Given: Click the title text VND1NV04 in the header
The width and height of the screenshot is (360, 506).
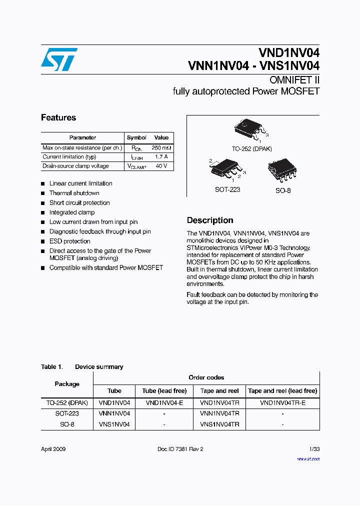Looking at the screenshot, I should pos(289,52).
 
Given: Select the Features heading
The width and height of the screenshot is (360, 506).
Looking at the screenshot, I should pos(58,118).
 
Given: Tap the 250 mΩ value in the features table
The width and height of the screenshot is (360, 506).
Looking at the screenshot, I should pos(161,148).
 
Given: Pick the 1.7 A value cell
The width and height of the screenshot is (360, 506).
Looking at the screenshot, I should pos(161,157).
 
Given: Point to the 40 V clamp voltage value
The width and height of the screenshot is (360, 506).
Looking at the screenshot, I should pos(161,166).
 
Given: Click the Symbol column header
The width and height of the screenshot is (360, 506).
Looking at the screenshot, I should pos(136,137).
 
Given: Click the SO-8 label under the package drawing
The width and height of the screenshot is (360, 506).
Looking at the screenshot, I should pos(282,190).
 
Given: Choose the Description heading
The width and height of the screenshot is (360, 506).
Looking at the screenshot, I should pos(210,220).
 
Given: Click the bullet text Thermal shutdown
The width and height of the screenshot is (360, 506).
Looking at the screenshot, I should pos(74,193).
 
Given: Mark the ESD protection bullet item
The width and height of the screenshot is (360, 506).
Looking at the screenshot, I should pos(69,241).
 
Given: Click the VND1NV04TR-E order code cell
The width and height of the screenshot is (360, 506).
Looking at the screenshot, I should pos(282,402).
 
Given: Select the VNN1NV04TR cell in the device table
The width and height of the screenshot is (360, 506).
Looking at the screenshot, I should pos(219,413).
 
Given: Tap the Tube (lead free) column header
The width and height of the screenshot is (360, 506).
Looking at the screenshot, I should pos(164,391).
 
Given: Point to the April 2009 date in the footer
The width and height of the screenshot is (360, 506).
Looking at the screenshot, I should pos(53,449).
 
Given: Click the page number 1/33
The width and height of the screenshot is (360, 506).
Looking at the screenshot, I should pos(314,449).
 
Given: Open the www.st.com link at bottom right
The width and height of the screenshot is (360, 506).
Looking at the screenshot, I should pos(308,458).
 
